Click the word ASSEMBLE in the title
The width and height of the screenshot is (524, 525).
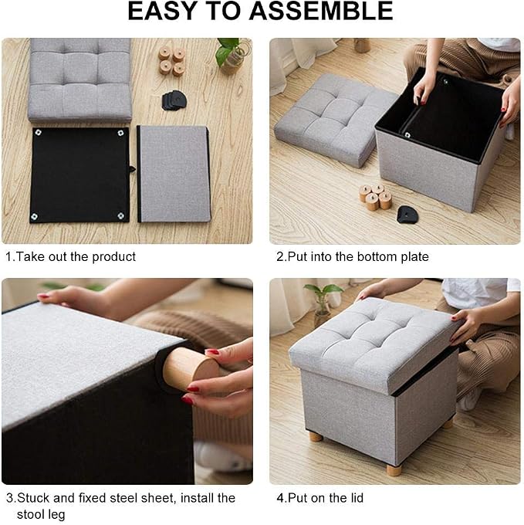[x=321, y=11]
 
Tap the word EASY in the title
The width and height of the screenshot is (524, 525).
[x=161, y=11]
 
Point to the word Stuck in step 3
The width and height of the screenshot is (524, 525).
[x=33, y=498]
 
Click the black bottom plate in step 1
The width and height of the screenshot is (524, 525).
[x=79, y=174]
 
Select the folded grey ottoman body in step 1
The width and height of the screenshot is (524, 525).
[x=174, y=174]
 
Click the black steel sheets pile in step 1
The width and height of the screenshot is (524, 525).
[x=174, y=100]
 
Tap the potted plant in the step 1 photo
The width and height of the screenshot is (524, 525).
[x=232, y=55]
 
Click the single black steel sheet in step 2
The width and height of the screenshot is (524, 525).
[x=407, y=215]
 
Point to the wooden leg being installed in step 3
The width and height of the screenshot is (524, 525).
[x=190, y=367]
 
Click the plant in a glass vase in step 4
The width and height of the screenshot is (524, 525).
[x=323, y=303]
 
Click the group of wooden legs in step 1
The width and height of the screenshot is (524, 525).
[x=171, y=61]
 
